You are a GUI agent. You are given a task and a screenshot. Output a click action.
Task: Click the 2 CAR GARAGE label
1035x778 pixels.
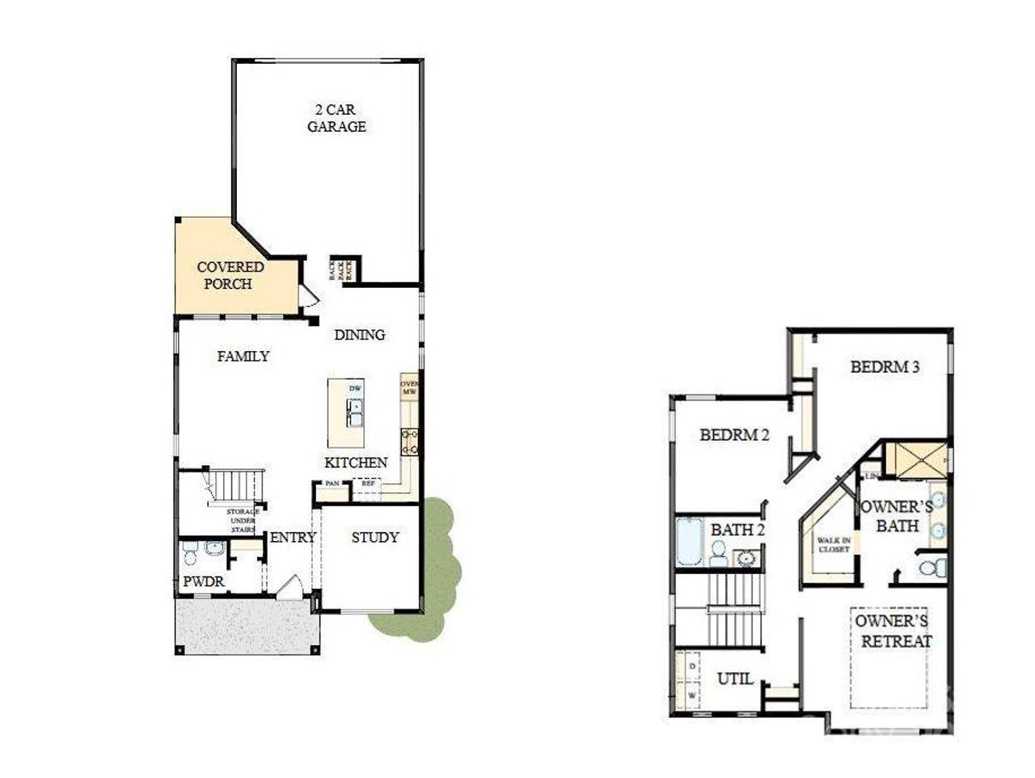coord(336,118)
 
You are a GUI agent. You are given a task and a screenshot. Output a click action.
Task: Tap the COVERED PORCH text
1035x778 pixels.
coord(230,275)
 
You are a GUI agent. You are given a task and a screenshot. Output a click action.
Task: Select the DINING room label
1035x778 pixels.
coord(360,335)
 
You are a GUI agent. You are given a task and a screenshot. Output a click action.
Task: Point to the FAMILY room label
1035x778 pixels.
coord(243,356)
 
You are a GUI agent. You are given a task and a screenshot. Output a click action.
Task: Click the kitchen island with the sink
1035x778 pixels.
coord(346,412)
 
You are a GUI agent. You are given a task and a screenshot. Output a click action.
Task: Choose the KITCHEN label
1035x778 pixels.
coord(356,463)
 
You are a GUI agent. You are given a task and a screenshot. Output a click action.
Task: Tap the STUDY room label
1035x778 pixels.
coord(375,537)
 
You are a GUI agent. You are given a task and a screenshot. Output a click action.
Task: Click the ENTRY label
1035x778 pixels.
coord(292,537)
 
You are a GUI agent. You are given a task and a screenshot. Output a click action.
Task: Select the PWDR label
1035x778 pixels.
coord(203,581)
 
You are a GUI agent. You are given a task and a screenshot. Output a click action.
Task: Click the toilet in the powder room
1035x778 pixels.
coord(190,554)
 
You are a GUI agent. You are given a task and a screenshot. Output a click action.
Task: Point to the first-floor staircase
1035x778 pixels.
coord(238,485)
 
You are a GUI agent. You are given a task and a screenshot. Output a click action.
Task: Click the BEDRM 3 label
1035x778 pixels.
coord(885,366)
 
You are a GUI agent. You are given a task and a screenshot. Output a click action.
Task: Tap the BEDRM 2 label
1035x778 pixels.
coord(734,435)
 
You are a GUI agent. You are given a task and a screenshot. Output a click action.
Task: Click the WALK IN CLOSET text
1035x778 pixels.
coord(833,544)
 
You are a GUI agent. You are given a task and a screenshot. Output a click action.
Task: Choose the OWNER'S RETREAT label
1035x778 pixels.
coord(892,631)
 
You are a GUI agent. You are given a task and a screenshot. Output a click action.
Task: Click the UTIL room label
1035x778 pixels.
coord(735,679)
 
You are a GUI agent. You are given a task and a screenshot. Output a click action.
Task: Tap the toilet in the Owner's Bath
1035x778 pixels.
coord(934,565)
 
